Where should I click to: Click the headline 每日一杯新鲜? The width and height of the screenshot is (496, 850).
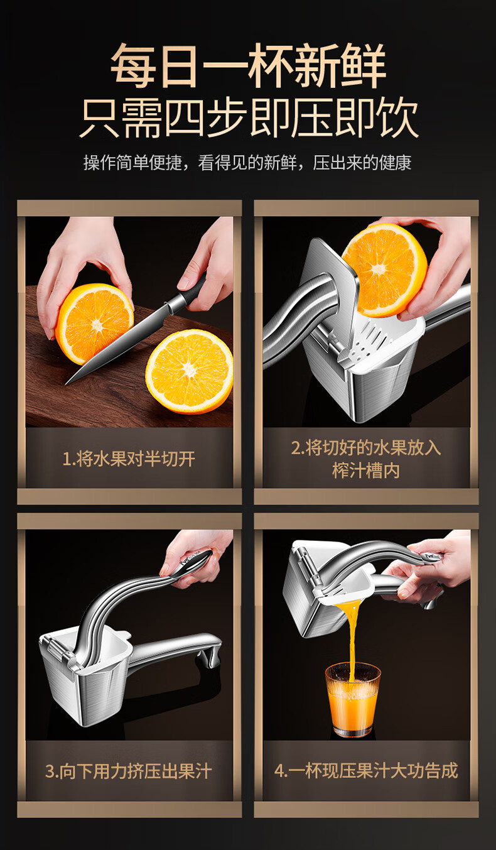(249, 65)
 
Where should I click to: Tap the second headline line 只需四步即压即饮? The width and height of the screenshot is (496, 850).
(249, 117)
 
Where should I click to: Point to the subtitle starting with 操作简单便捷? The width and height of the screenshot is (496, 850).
(247, 163)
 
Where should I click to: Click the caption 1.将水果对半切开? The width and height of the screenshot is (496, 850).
(129, 459)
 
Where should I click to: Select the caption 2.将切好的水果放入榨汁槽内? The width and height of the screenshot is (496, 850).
(366, 459)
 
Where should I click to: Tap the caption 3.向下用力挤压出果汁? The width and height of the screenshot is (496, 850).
(129, 771)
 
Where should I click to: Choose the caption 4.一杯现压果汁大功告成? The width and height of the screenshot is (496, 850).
(366, 771)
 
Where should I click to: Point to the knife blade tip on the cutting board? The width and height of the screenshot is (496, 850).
(67, 383)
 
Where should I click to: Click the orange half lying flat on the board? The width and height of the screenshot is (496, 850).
(189, 371)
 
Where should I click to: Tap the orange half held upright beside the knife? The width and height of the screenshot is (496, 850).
(94, 323)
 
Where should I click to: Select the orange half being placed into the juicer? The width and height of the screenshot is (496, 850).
(384, 270)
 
